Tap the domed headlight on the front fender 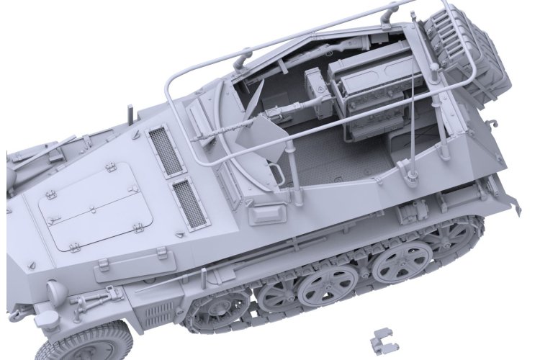coord(55,291)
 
